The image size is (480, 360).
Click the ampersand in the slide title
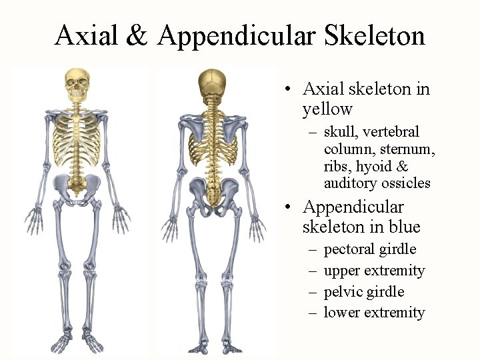pyautogui.click(x=137, y=35)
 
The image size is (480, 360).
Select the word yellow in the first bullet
pyautogui.click(x=327, y=109)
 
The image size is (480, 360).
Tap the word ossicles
pyautogui.click(x=406, y=183)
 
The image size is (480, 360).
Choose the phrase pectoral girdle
pyautogui.click(x=370, y=249)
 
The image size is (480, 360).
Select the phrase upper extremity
pyautogui.click(x=374, y=271)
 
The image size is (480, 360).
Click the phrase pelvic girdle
pyautogui.click(x=364, y=292)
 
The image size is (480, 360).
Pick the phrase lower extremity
pyautogui.click(x=374, y=313)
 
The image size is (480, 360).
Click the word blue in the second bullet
pyautogui.click(x=403, y=227)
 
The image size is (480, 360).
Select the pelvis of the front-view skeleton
pyautogui.click(x=78, y=187)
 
